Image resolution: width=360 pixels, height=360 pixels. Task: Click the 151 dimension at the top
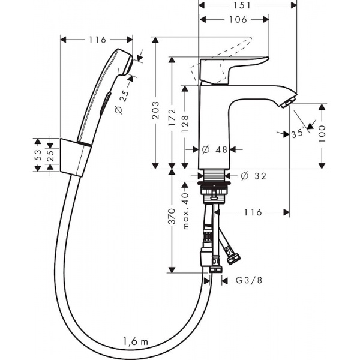tap(247, 5)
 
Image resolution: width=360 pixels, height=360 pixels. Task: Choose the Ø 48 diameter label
tap(215, 149)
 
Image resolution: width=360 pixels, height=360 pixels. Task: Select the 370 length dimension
tap(172, 220)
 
